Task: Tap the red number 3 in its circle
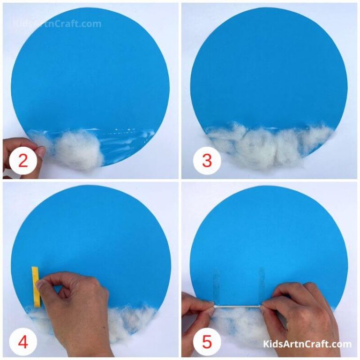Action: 207,161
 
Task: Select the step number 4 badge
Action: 22,342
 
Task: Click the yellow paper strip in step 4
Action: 36,286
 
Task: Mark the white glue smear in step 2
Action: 127,141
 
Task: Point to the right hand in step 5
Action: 300,314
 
